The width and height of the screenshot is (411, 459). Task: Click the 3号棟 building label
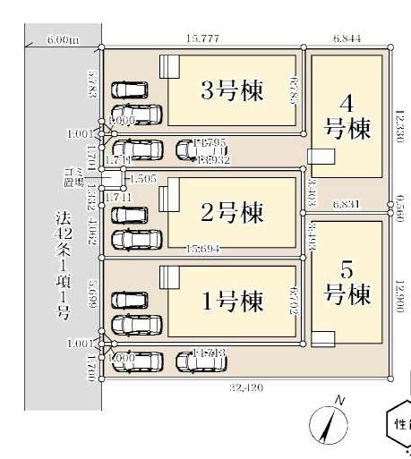pyautogui.click(x=230, y=91)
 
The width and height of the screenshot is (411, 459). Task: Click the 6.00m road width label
pyautogui.click(x=63, y=40)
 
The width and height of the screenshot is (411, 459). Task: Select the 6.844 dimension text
pyautogui.click(x=347, y=39)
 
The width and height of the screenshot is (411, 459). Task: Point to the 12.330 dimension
pyautogui.click(x=400, y=122)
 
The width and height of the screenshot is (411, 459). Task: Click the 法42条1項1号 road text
pyautogui.click(x=63, y=265)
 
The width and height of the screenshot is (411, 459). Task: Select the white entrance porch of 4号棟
pyautogui.click(x=319, y=157)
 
